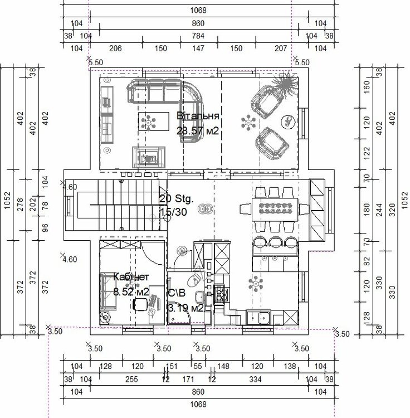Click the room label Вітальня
pyautogui.click(x=198, y=116)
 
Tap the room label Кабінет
pyautogui.click(x=131, y=277)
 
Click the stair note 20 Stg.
pyautogui.click(x=176, y=199)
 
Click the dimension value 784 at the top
pyautogui.click(x=198, y=36)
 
